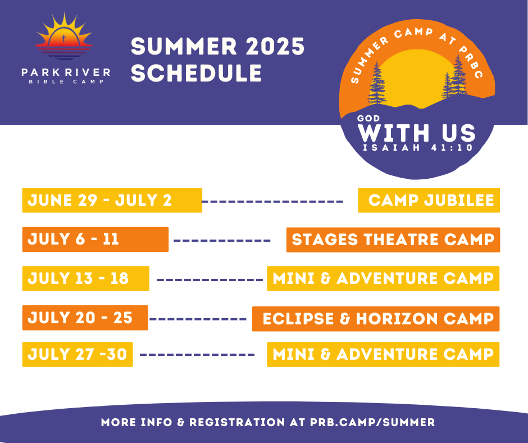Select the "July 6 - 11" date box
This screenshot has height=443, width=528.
click(x=95, y=239)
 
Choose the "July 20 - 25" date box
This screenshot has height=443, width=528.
click(x=85, y=318)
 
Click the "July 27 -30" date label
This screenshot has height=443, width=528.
click(x=78, y=354)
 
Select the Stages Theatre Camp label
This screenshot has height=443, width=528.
click(x=393, y=239)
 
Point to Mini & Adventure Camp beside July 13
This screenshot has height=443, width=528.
click(x=383, y=278)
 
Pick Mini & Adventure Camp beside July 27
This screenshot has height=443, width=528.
click(x=383, y=354)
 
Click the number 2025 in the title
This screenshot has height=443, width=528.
click(x=275, y=46)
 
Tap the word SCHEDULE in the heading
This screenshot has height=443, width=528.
click(x=197, y=73)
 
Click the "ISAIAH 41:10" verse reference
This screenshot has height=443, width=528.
click(x=418, y=147)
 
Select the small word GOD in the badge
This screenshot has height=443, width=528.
click(x=368, y=118)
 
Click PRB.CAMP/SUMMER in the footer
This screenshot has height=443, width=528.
click(x=372, y=422)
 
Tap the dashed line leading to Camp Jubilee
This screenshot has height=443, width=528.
click(x=272, y=202)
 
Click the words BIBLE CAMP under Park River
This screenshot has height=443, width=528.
click(x=66, y=82)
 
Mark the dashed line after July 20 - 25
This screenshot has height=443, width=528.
click(x=198, y=319)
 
